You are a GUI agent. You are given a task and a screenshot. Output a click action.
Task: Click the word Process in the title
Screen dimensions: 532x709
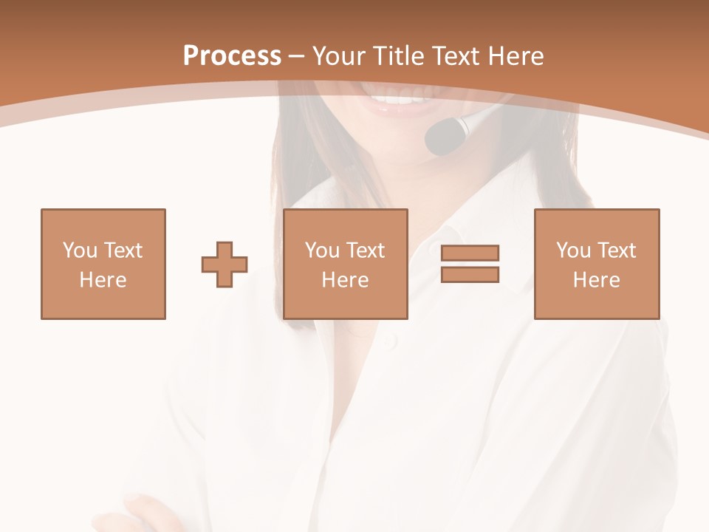click(232, 56)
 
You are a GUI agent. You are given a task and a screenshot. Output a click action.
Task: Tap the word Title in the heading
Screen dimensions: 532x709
click(400, 56)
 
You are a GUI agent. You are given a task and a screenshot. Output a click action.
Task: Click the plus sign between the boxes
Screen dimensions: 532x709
click(225, 265)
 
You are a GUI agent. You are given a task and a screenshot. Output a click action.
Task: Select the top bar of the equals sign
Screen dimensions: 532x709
click(470, 253)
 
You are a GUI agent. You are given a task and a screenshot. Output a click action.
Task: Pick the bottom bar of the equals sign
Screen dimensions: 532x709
click(470, 274)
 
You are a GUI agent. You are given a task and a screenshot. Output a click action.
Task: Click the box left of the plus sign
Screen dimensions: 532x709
click(103, 264)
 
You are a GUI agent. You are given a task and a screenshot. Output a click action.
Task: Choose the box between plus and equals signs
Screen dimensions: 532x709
click(345, 264)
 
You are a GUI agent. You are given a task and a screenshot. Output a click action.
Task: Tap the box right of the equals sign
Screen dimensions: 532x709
click(596, 264)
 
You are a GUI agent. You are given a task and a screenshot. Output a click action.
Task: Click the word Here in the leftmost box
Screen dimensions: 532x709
click(103, 280)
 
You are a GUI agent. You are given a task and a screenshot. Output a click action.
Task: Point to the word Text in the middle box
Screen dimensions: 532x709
click(364, 250)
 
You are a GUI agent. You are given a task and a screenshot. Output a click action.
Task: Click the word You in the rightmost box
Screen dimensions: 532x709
click(574, 250)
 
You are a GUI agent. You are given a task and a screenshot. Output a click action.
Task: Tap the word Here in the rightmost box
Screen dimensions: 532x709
click(596, 280)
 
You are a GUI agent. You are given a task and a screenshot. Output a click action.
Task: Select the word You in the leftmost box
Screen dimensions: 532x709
click(81, 250)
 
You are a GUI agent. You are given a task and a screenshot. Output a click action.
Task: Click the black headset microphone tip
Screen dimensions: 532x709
click(442, 137)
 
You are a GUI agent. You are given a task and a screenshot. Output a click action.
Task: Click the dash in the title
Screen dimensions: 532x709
click(297, 56)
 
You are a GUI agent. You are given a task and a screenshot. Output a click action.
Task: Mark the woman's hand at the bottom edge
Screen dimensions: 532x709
click(140, 514)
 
